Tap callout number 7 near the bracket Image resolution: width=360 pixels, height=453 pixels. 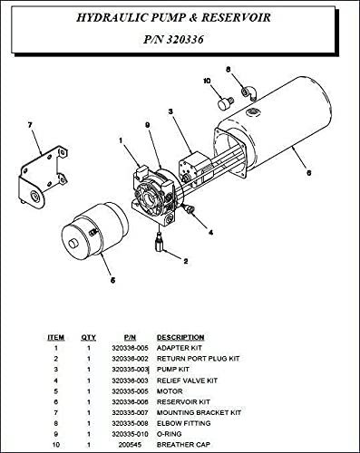pyautogui.click(x=30, y=124)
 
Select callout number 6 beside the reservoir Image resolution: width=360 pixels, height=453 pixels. pyautogui.click(x=309, y=173)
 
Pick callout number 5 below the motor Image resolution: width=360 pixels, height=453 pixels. pyautogui.click(x=112, y=280)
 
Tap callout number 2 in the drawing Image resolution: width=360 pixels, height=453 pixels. pyautogui.click(x=185, y=261)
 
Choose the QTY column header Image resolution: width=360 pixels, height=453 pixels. pyautogui.click(x=89, y=338)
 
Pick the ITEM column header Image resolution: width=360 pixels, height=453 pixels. pyautogui.click(x=56, y=338)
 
